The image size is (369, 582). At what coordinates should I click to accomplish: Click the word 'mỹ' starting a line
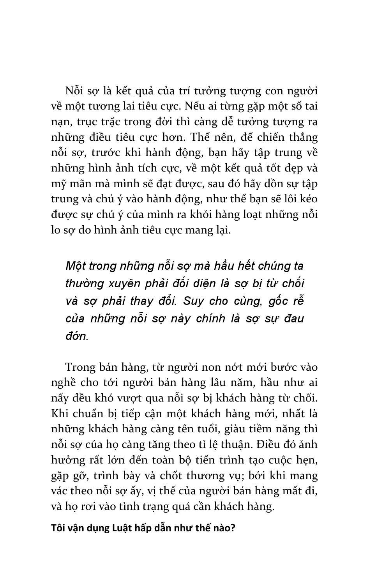[x=58, y=184]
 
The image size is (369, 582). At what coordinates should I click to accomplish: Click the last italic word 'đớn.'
[x=77, y=336]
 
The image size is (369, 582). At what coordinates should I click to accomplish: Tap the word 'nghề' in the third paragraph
[x=64, y=382]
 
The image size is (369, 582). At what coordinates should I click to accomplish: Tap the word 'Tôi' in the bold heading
[x=58, y=529]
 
